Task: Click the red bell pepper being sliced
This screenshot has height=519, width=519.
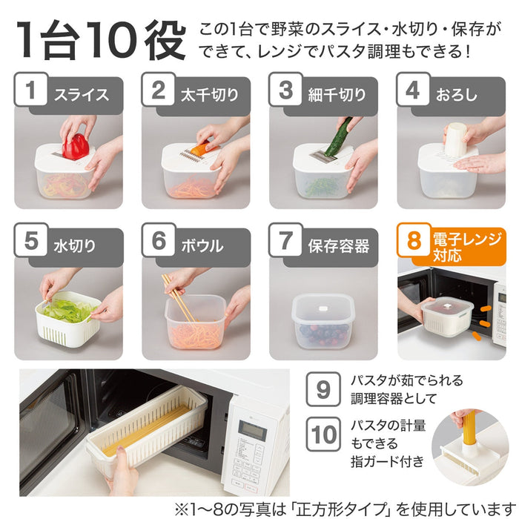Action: [76, 147]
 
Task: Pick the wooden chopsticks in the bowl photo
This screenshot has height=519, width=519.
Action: [178, 297]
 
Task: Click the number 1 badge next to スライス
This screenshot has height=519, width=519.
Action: [31, 89]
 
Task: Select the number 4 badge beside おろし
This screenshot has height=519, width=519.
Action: [413, 89]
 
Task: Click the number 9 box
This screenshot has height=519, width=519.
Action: [323, 389]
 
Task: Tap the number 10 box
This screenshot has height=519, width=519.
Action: [323, 434]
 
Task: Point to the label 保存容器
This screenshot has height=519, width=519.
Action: [338, 246]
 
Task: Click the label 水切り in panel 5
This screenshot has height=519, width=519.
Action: [75, 246]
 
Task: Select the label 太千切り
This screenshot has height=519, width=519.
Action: [210, 95]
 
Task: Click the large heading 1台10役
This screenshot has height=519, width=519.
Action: [102, 40]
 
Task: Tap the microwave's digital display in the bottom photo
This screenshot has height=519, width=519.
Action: [253, 429]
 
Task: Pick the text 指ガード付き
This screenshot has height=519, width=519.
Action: [387, 461]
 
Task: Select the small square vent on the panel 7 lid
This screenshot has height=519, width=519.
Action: [323, 308]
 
